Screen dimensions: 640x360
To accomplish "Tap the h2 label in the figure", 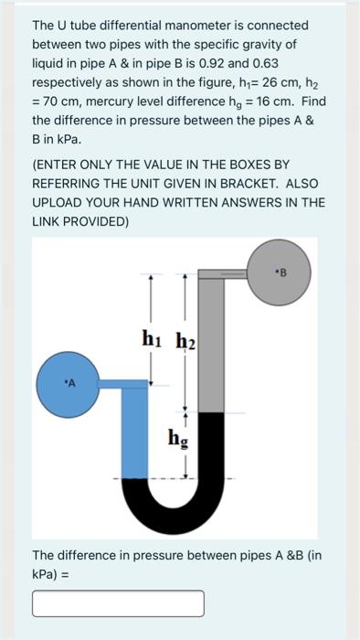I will (185, 340).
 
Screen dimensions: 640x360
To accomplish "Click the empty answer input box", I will (118, 603).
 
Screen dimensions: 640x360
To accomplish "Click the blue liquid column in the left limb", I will (136, 430).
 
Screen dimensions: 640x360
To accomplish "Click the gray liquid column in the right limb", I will (211, 347).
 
